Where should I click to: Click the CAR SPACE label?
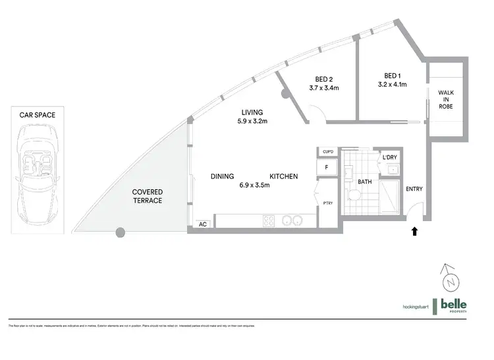click(37, 115)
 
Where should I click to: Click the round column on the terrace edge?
click(120, 232)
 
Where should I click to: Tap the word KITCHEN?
click(284, 176)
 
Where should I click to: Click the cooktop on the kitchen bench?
click(271, 221)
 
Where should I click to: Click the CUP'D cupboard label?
click(327, 152)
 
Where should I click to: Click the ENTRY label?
click(414, 190)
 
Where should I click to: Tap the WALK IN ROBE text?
click(446, 99)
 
